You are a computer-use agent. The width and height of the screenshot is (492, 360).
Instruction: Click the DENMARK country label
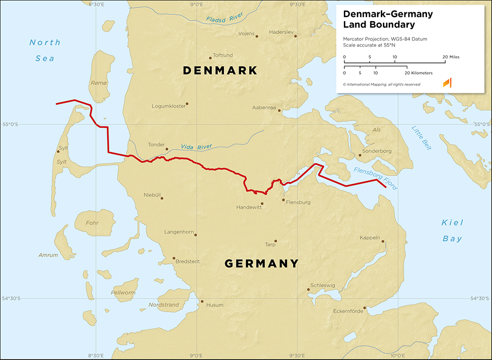click(220, 71)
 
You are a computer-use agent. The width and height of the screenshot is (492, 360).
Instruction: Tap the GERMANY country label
click(261, 264)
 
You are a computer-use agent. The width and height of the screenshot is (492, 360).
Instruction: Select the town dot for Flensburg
click(283, 200)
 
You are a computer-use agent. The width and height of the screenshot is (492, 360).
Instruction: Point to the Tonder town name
click(156, 145)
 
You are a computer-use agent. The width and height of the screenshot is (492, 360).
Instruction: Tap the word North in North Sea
click(45, 43)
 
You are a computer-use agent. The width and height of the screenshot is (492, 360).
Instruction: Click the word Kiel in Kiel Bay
click(452, 223)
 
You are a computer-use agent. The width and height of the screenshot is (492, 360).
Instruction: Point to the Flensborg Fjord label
click(375, 178)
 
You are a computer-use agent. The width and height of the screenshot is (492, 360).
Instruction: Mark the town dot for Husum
click(202, 301)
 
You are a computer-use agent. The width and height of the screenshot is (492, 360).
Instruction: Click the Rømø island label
click(98, 84)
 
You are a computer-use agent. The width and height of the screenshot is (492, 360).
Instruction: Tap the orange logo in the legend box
click(447, 83)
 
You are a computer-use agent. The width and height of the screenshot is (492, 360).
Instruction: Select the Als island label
click(377, 130)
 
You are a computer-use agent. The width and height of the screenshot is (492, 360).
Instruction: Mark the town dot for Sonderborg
click(360, 155)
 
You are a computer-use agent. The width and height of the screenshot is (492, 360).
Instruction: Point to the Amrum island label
click(48, 255)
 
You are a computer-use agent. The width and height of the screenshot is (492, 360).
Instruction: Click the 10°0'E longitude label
click(398, 355)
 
